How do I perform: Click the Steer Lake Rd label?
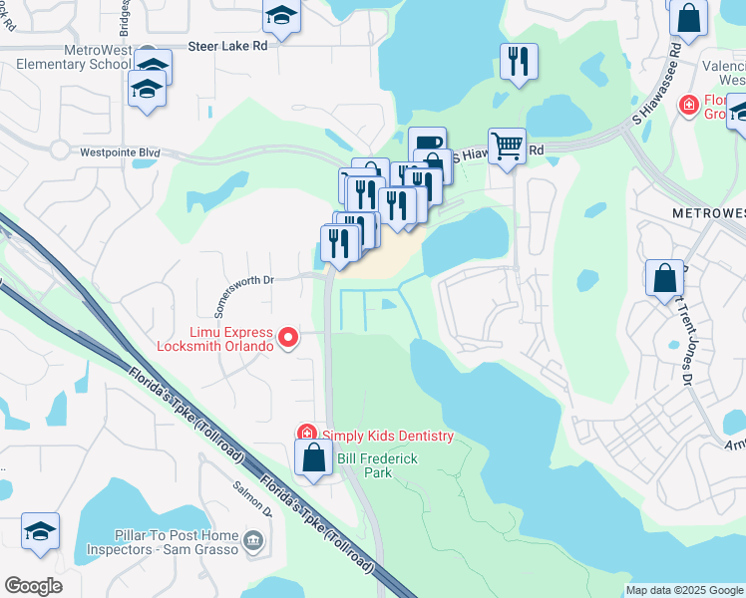click(228, 47)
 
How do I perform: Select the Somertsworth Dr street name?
click(238, 281)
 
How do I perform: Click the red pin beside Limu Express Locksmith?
click(288, 339)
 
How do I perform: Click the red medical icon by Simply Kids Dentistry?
click(307, 434)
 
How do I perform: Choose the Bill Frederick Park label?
click(377, 464)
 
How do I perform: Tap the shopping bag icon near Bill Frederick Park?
click(313, 458)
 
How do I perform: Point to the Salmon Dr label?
click(252, 498)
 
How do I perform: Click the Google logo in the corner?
click(33, 586)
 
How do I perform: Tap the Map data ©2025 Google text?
click(683, 590)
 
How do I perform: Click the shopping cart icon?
click(507, 146)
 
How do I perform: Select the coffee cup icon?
click(426, 144)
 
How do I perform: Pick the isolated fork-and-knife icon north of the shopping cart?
click(519, 61)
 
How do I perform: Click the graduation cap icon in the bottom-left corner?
click(40, 530)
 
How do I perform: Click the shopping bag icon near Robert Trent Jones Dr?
click(664, 278)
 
